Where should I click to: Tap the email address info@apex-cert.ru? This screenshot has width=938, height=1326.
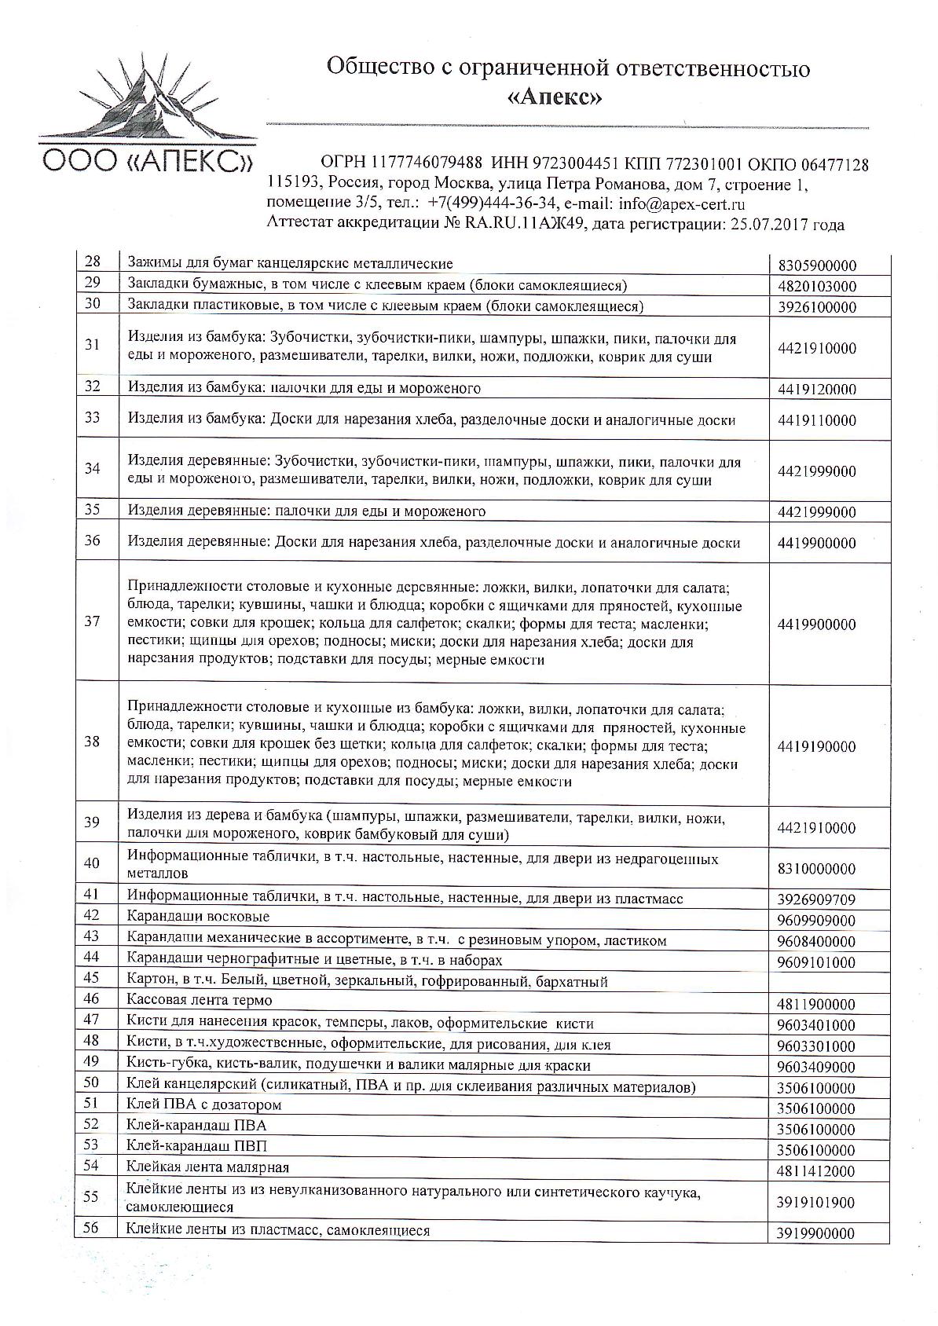click(x=681, y=204)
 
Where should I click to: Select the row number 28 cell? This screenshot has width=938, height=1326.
click(x=93, y=262)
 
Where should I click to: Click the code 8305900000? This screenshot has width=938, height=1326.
click(x=816, y=266)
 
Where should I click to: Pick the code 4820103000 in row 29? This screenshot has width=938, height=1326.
click(x=816, y=287)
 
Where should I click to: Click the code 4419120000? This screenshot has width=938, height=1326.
click(x=816, y=390)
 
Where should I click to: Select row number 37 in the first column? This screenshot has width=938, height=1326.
click(x=93, y=621)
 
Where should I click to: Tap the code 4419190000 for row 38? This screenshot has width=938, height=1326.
click(x=816, y=746)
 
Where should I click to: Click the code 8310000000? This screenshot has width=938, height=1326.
click(x=816, y=870)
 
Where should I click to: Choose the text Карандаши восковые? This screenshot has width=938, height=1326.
click(x=198, y=917)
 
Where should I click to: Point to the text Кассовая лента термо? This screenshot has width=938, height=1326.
click(x=200, y=1000)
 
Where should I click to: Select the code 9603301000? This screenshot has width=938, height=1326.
click(x=816, y=1046)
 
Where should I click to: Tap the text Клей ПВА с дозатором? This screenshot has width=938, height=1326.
click(x=204, y=1104)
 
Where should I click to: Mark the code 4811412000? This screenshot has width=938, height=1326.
click(x=816, y=1171)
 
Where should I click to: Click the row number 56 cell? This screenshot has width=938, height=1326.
click(x=91, y=1229)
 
